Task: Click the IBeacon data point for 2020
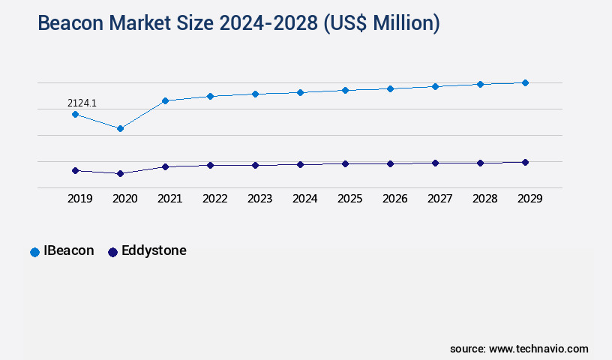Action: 120,128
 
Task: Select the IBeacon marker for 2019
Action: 75,114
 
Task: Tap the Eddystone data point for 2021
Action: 165,166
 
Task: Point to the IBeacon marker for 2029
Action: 525,82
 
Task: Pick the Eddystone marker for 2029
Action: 525,162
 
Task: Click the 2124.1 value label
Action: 82,103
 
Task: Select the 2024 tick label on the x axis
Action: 304,199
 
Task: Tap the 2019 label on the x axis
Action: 80,199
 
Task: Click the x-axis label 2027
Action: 439,199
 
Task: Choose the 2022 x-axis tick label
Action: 214,199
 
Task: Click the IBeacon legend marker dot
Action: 34,252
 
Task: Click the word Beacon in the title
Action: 69,24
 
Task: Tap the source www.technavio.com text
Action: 519,349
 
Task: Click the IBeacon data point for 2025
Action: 345,90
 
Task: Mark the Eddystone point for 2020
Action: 120,173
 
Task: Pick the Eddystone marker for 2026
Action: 390,163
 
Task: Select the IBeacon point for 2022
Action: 210,96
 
